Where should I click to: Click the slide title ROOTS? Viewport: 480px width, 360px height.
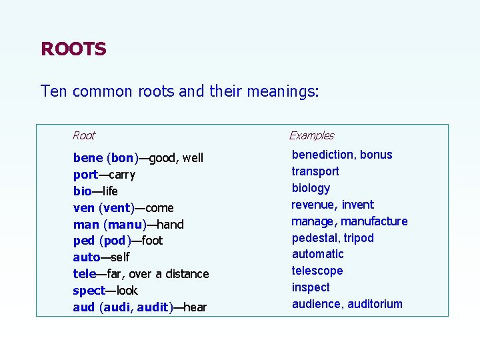(73, 49)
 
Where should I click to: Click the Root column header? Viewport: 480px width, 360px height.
(84, 136)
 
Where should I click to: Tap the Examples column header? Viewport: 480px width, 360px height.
(311, 136)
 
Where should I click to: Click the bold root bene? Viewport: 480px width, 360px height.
(88, 158)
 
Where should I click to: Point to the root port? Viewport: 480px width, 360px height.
(85, 175)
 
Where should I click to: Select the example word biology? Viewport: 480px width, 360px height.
(311, 188)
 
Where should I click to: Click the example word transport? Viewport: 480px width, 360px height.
(315, 171)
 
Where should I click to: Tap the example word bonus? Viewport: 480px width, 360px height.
(377, 155)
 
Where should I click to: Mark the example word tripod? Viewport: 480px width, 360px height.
(359, 238)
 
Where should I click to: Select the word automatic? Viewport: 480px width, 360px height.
(318, 254)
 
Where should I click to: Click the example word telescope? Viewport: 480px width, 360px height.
(317, 271)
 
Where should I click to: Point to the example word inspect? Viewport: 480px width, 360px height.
(311, 287)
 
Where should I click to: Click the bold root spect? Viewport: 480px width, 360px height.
(89, 291)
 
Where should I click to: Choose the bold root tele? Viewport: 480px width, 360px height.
(85, 274)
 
